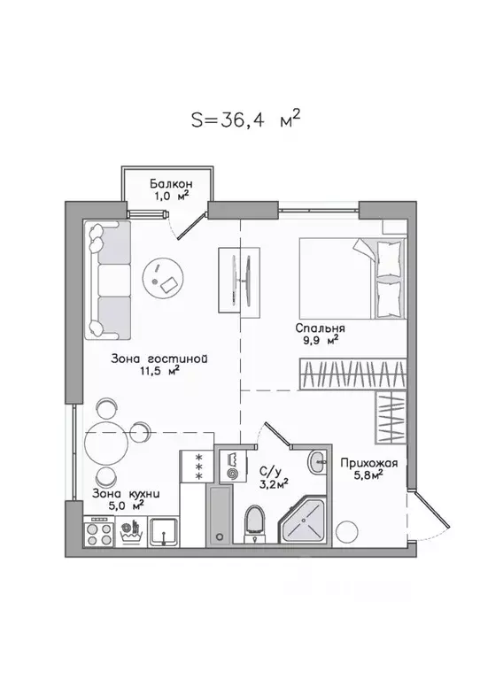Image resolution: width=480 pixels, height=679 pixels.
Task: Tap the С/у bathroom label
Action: click(x=270, y=473)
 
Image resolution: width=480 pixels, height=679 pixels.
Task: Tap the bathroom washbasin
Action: click(x=318, y=461)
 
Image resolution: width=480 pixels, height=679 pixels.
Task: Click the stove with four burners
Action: click(x=97, y=535)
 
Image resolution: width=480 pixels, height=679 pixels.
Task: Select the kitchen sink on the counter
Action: click(x=165, y=533)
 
